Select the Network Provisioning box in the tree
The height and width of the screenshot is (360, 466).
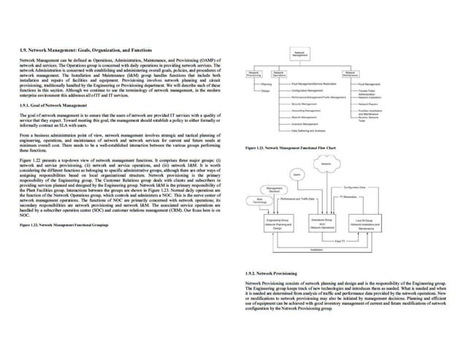point(253,74)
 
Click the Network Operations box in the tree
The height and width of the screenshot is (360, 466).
point(278,74)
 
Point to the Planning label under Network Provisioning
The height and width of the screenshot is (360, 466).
point(267,84)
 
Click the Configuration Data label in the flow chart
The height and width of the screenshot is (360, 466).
point(354,188)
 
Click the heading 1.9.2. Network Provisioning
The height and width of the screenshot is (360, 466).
point(273,272)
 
